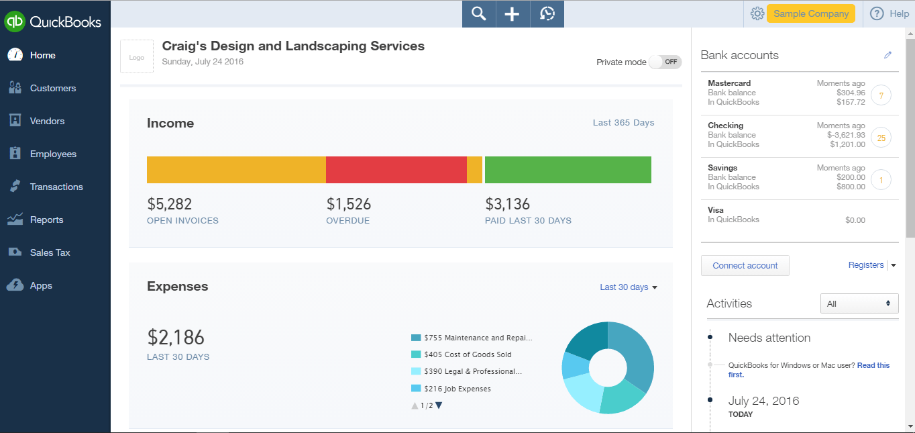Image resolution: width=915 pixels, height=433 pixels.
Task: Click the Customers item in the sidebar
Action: (52, 88)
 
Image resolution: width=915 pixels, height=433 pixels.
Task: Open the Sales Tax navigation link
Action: (50, 252)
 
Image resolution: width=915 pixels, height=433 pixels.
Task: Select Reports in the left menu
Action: (46, 220)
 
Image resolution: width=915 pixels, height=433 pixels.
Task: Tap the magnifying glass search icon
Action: (478, 14)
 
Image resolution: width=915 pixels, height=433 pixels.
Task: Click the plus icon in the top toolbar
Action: (513, 14)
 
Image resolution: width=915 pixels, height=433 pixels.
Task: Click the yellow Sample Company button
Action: (810, 13)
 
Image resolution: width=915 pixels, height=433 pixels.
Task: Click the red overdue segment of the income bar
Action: (396, 170)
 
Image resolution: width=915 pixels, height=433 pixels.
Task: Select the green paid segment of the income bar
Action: (568, 170)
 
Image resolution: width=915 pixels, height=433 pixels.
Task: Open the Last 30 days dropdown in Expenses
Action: (628, 287)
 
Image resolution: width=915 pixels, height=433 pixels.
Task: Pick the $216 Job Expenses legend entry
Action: (457, 389)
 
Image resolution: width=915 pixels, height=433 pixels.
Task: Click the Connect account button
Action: (745, 266)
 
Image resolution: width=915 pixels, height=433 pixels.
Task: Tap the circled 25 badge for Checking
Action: (881, 138)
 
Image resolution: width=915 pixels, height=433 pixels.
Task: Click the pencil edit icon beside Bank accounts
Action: (887, 55)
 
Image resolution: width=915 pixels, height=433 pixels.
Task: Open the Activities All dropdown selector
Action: (859, 303)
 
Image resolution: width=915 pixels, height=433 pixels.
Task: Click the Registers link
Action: (866, 265)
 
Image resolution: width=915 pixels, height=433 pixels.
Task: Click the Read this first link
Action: (873, 365)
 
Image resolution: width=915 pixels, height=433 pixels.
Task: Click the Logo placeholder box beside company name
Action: (137, 57)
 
